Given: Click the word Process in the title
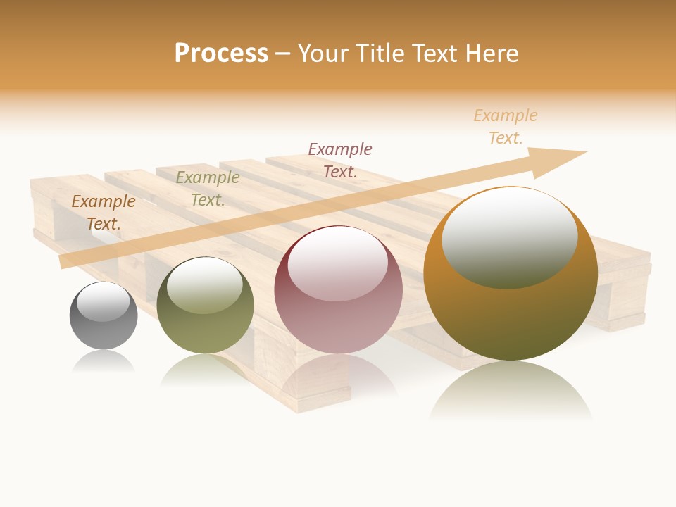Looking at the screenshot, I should click(221, 54).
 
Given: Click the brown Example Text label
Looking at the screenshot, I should click(104, 212).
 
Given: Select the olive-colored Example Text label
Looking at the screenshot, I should click(207, 189).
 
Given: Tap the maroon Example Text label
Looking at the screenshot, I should click(340, 160).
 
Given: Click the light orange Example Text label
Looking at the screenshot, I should click(506, 126).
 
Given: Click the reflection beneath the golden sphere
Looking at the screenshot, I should click(511, 391).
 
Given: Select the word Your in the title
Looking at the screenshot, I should click(320, 54).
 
